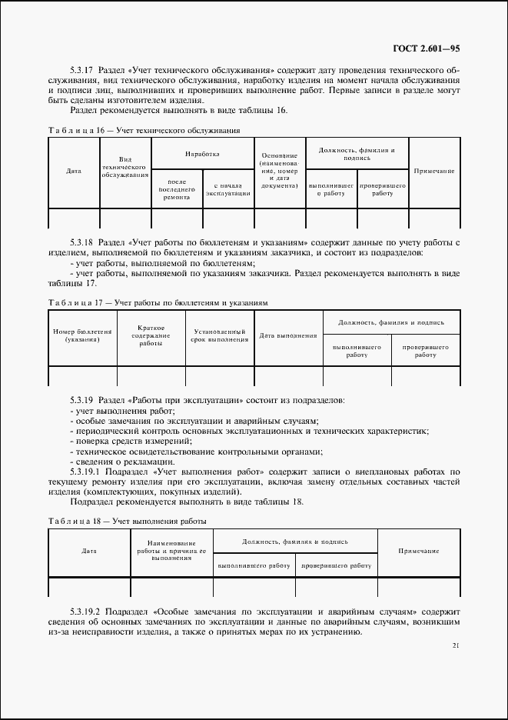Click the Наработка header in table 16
(x=202, y=154)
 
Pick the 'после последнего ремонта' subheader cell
(x=177, y=189)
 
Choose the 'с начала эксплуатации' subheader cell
(x=228, y=189)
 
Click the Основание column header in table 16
(x=280, y=171)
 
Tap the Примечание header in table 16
(x=434, y=171)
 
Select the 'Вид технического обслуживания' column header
(x=125, y=166)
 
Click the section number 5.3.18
(x=82, y=242)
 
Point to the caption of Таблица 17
(x=158, y=303)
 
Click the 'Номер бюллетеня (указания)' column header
(x=82, y=335)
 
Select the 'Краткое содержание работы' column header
(x=151, y=335)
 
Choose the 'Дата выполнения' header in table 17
(x=288, y=335)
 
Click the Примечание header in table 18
(x=419, y=552)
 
